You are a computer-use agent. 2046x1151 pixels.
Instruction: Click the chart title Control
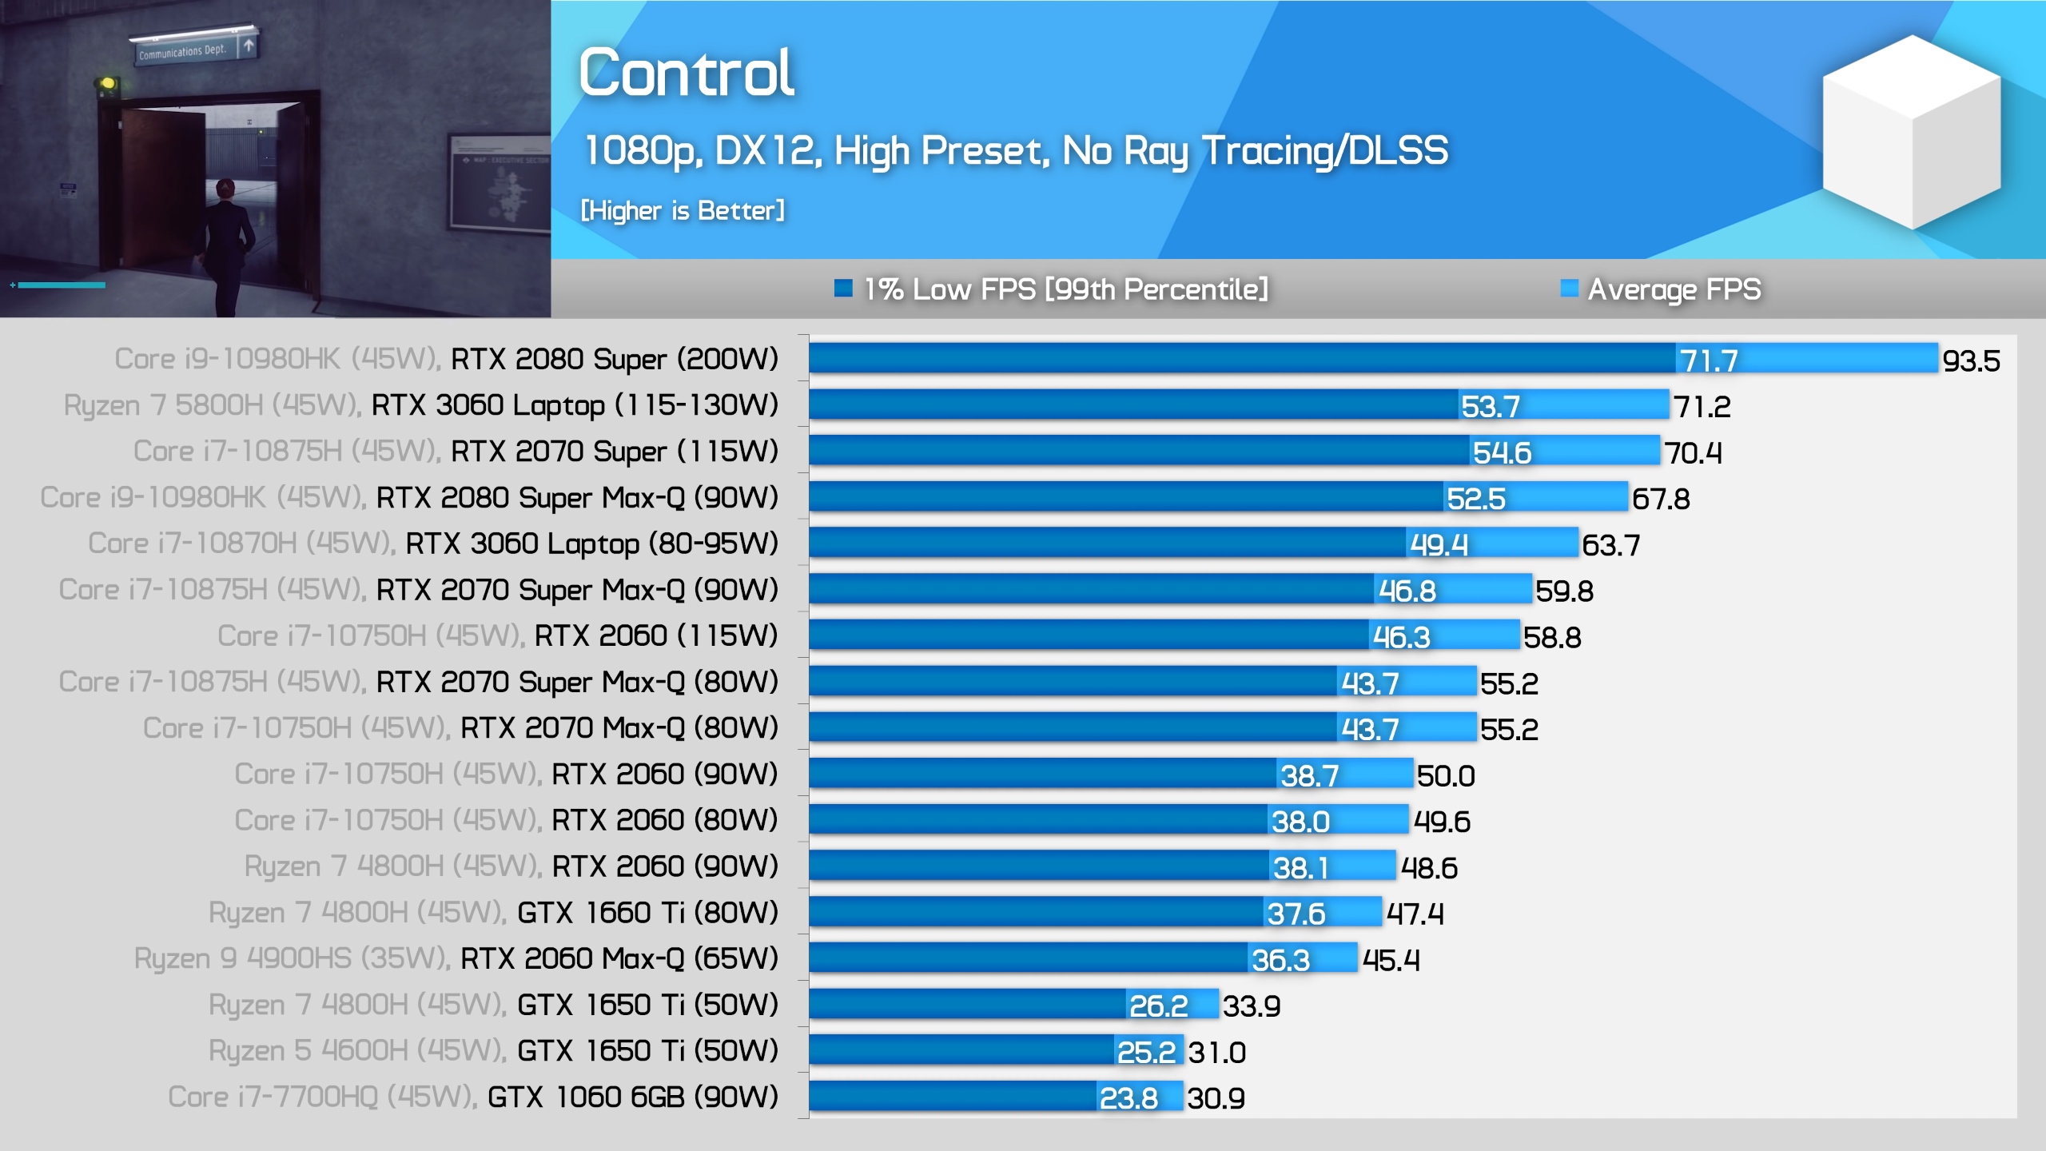687,73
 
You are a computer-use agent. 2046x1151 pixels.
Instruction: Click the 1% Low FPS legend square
842,288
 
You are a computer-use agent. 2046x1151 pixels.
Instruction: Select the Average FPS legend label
1674,289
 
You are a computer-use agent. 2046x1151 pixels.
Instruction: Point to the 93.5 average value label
1971,361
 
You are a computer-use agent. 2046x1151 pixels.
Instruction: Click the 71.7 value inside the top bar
1709,361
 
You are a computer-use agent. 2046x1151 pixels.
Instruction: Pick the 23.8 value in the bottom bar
1128,1099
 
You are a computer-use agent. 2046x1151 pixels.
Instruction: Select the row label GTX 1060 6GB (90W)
632,1097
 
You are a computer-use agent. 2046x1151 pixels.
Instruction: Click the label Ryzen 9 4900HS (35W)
291,958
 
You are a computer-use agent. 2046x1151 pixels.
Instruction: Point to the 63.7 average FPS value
1610,546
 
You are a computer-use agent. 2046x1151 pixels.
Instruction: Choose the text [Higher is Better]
683,211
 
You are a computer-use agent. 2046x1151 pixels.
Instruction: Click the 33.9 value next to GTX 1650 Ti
1252,1006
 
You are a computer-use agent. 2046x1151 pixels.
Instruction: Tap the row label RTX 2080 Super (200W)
614,360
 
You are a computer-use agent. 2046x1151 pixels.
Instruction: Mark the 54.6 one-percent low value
1502,453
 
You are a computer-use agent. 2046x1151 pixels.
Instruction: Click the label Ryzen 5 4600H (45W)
356,1051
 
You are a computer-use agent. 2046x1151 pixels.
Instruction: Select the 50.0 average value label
1446,776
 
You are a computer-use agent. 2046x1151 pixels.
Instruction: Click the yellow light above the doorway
106,83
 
